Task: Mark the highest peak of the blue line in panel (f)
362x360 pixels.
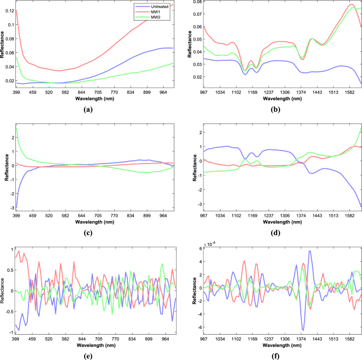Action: [310, 251]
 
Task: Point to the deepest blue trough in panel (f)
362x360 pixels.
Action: [302, 330]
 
